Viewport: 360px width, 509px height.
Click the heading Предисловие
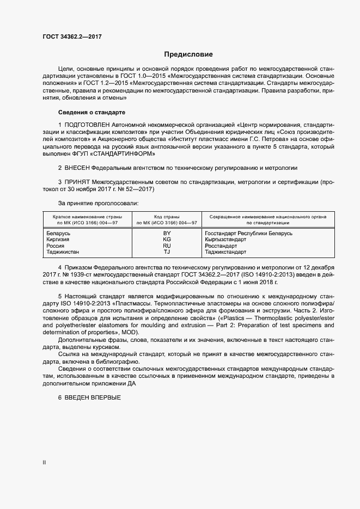[188, 54]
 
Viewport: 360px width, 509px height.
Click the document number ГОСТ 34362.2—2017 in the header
[72, 37]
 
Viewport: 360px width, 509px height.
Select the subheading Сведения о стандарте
[91, 112]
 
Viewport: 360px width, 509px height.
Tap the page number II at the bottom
[44, 462]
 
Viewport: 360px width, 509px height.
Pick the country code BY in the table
[167, 233]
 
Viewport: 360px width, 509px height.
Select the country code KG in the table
[167, 240]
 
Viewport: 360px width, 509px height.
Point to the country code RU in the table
[167, 246]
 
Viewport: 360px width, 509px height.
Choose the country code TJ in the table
[167, 252]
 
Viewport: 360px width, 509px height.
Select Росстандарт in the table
[221, 246]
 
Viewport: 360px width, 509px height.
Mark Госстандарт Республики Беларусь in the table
[248, 233]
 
